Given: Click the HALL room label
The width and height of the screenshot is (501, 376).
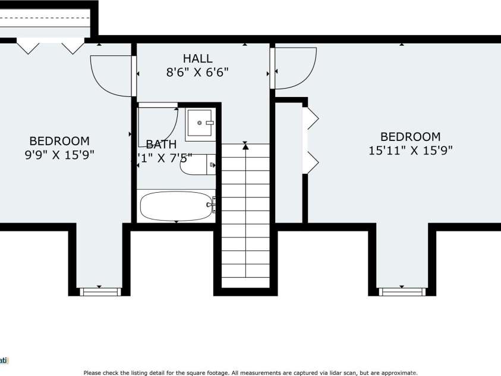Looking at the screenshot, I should click(x=197, y=58).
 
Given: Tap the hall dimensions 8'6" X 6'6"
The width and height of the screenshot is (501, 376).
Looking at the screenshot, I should click(x=197, y=71).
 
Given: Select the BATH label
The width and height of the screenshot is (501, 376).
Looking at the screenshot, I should click(x=161, y=144).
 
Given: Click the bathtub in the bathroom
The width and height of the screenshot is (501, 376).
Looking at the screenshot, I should click(x=177, y=206).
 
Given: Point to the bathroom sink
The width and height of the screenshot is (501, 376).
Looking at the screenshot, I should click(x=200, y=124).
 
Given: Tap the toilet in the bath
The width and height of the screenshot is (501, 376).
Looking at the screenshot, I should click(x=197, y=165).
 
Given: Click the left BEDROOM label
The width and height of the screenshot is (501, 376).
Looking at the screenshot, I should click(x=59, y=141).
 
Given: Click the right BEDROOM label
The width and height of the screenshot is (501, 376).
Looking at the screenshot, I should click(x=411, y=137).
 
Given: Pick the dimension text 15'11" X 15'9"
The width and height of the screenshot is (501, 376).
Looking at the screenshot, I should click(x=411, y=151).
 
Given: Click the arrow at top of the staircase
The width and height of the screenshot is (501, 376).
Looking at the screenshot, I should click(x=245, y=146).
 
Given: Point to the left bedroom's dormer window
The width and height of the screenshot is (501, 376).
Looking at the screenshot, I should click(x=99, y=291).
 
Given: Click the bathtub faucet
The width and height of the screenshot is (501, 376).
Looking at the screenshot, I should click(x=211, y=206).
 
